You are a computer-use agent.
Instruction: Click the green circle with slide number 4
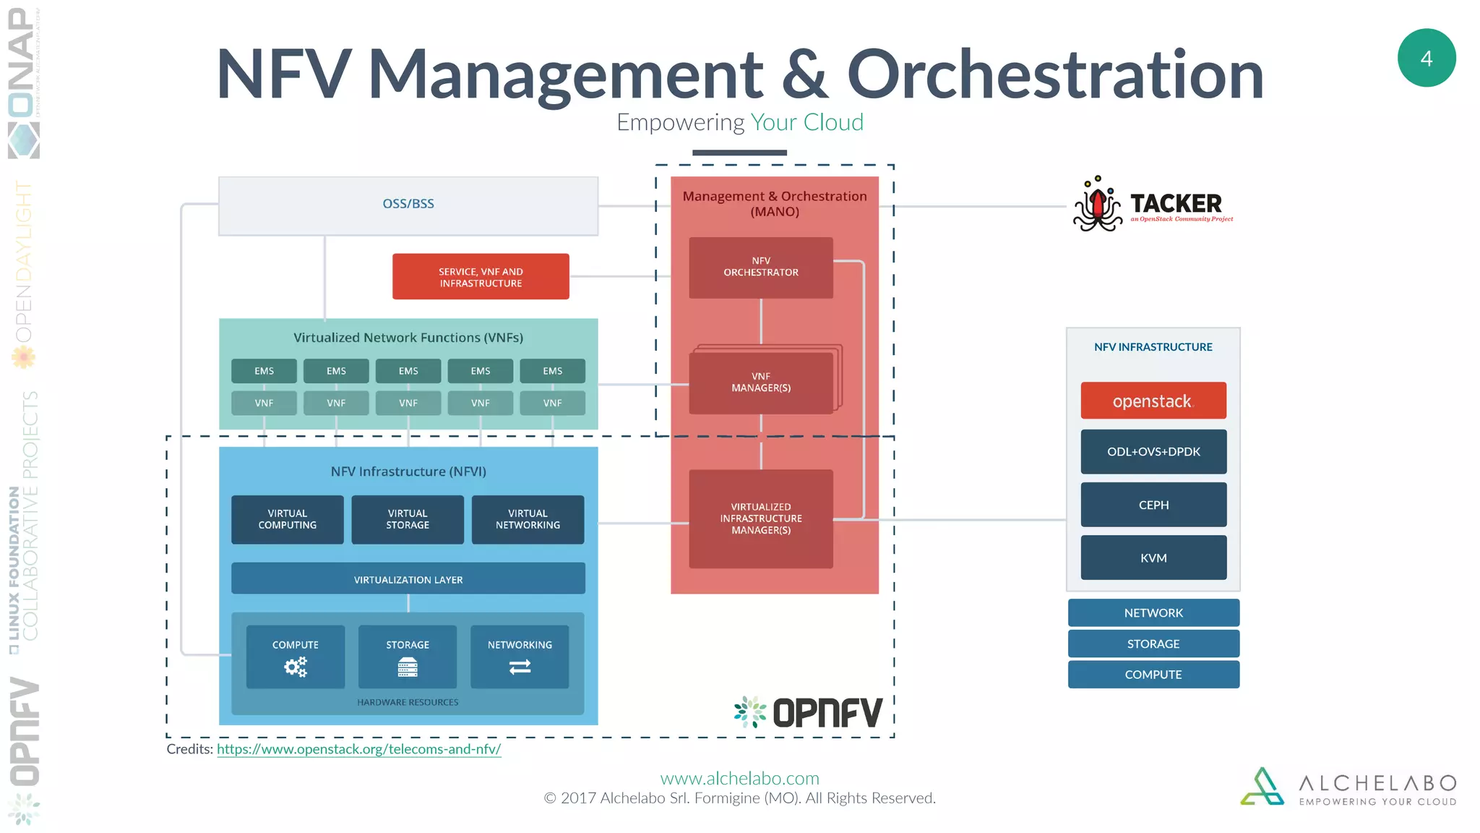[x=1426, y=58]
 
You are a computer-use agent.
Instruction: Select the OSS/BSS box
[x=408, y=205]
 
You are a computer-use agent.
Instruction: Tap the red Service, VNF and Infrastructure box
[x=481, y=277]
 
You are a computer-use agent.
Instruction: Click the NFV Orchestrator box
[x=760, y=268]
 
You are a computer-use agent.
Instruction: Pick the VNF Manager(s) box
[x=760, y=383]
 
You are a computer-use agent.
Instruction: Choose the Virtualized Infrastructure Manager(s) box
[x=760, y=518]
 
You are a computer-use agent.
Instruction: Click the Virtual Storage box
[x=408, y=519]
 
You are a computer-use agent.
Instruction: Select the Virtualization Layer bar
[x=408, y=579]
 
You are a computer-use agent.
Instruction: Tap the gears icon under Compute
[x=296, y=666]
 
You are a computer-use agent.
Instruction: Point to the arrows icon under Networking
[x=520, y=667]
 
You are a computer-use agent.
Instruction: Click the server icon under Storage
[x=408, y=667]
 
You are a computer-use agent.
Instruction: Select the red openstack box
[x=1153, y=401]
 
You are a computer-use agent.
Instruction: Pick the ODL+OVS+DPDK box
[x=1153, y=452]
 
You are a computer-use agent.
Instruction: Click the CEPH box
[x=1153, y=505]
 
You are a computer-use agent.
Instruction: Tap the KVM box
[x=1153, y=558]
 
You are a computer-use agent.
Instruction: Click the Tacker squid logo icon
[x=1097, y=205]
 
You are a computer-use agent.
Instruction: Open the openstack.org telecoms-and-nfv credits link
[x=358, y=749]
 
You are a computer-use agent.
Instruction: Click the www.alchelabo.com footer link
[x=739, y=778]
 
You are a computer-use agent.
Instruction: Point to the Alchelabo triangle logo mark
[x=1262, y=787]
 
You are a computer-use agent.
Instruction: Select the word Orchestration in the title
[x=1055, y=74]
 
